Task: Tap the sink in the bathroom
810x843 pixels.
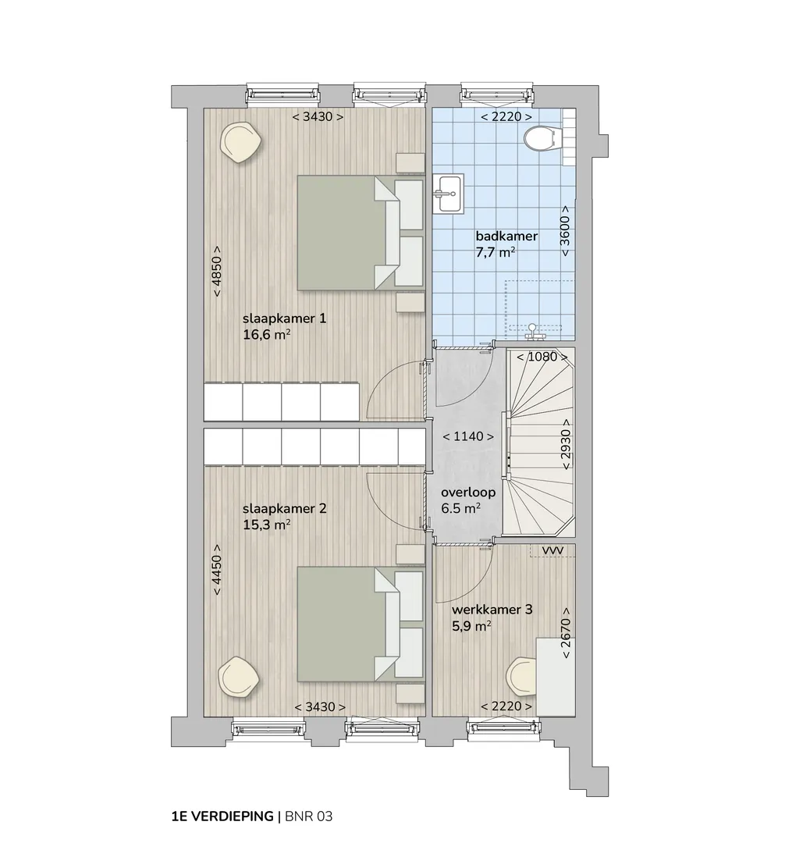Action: (448, 194)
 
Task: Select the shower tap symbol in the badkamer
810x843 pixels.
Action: (533, 332)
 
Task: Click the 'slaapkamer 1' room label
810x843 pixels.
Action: (284, 318)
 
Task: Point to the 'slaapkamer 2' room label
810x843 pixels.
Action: (284, 508)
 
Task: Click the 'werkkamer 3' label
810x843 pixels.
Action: (492, 610)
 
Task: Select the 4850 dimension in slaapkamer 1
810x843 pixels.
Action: (217, 272)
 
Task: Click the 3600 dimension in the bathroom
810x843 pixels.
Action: (565, 231)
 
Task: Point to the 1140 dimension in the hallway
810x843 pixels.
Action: (468, 436)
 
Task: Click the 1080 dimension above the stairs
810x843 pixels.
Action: (542, 357)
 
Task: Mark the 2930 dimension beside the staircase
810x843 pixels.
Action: (566, 444)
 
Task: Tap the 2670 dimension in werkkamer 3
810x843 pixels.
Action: (566, 633)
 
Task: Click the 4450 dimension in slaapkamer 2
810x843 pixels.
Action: (216, 569)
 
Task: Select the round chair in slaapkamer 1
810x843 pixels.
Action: (241, 142)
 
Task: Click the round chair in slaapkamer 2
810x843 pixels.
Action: (238, 677)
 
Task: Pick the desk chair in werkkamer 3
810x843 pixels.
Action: (522, 677)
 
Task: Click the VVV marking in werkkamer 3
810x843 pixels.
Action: (552, 551)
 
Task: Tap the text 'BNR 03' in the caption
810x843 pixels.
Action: (309, 816)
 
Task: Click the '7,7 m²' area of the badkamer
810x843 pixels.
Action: (496, 252)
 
